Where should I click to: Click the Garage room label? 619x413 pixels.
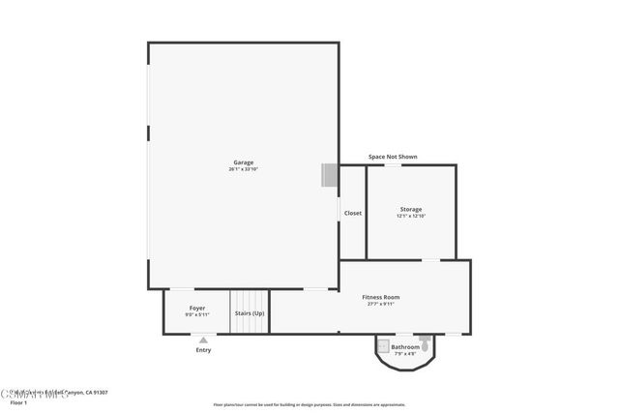(243, 162)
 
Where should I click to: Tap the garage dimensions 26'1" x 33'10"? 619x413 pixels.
(243, 169)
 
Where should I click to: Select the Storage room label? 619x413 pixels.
(411, 209)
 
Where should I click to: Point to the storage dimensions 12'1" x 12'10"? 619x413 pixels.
(411, 216)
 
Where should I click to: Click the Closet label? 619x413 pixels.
(353, 213)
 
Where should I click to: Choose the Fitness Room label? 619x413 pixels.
(381, 297)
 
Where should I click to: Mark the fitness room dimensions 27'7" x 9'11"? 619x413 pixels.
(381, 305)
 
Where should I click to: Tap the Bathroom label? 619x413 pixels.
(405, 346)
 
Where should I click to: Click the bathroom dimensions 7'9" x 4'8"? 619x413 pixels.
(405, 354)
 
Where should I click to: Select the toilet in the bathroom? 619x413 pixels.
(425, 342)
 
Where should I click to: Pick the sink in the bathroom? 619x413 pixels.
(383, 345)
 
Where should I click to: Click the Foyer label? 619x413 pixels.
(197, 308)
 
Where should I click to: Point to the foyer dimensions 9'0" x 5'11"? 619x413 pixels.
(197, 314)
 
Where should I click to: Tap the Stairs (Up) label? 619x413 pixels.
(250, 313)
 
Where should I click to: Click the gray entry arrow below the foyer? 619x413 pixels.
(203, 340)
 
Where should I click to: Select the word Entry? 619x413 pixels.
(203, 350)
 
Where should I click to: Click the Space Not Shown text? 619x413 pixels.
(393, 156)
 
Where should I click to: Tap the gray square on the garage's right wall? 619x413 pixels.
(329, 175)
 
